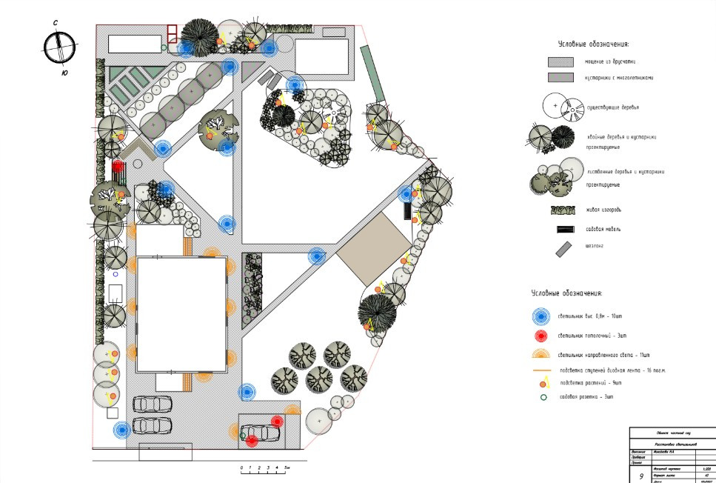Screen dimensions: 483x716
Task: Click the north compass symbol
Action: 59,47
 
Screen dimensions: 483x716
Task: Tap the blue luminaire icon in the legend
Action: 544,317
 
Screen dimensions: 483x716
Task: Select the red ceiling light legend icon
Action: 544,336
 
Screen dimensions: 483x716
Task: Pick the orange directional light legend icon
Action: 544,354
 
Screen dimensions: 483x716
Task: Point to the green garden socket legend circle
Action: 544,397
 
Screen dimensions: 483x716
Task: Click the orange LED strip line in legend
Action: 544,369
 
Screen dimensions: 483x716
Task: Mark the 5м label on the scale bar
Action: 287,469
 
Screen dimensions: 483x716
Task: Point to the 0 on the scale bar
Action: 241,469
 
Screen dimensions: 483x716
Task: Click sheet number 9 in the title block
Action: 641,476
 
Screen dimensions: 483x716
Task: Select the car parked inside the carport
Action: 261,433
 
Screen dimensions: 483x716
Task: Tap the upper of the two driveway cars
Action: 153,404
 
